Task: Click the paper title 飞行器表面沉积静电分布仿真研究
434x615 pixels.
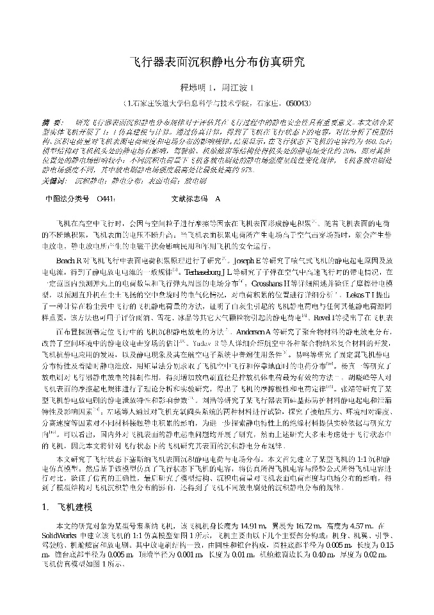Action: pyautogui.click(x=217, y=62)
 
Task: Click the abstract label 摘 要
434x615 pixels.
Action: pyautogui.click(x=52, y=122)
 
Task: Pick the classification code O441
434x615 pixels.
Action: pyautogui.click(x=105, y=199)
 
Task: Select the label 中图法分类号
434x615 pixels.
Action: pyautogui.click(x=64, y=199)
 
